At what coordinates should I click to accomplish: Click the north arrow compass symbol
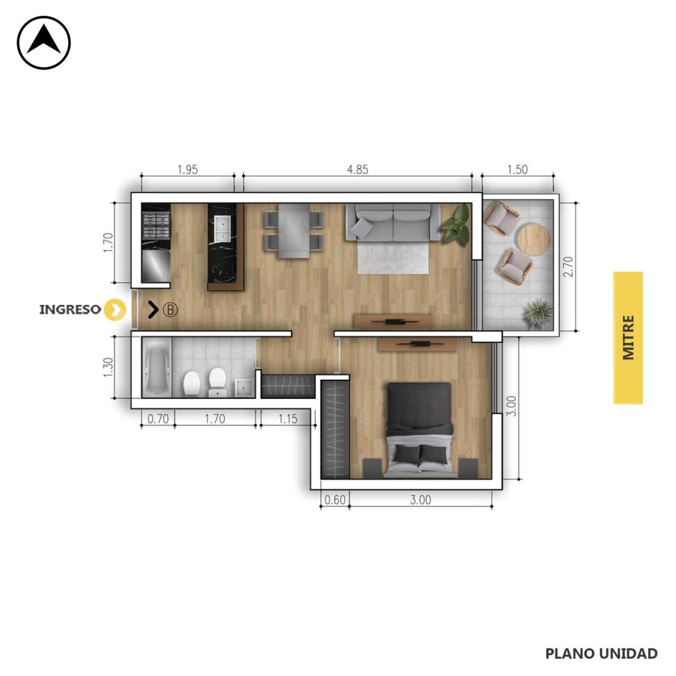pyautogui.click(x=44, y=42)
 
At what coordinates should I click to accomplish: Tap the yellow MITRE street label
pyautogui.click(x=627, y=337)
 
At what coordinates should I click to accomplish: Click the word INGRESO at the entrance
pyautogui.click(x=70, y=310)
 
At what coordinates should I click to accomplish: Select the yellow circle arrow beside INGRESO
pyautogui.click(x=115, y=310)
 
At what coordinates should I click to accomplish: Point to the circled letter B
pyautogui.click(x=170, y=310)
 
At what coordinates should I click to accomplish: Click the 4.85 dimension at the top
pyautogui.click(x=358, y=170)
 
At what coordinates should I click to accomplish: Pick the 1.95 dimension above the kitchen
pyautogui.click(x=187, y=170)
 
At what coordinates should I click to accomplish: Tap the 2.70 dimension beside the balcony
pyautogui.click(x=568, y=267)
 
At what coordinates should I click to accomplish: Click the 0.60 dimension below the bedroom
pyautogui.click(x=335, y=500)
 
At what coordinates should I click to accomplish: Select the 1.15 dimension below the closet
pyautogui.click(x=288, y=419)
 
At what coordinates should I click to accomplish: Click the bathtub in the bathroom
pyautogui.click(x=157, y=367)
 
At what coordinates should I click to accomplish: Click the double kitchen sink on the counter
pyautogui.click(x=224, y=229)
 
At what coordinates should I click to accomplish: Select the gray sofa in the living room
pyautogui.click(x=393, y=222)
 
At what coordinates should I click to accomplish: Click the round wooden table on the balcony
pyautogui.click(x=533, y=240)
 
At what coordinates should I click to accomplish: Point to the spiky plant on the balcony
pyautogui.click(x=538, y=311)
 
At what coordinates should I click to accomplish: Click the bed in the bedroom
pyautogui.click(x=419, y=430)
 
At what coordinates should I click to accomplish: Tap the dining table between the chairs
pyautogui.click(x=294, y=230)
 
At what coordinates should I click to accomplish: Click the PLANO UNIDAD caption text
pyautogui.click(x=602, y=654)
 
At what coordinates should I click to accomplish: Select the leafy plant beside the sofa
pyautogui.click(x=456, y=223)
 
